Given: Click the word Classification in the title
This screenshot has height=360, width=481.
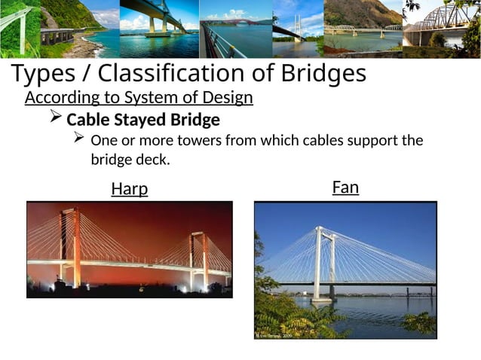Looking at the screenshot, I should tap(171, 74).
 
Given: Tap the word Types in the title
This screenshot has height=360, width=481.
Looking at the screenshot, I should tap(43, 74).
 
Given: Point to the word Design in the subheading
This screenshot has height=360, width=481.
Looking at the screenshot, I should tap(229, 99).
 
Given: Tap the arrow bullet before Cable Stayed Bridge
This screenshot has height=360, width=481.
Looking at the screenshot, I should tap(55, 119).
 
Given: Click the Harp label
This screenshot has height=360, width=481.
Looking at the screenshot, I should tap(130, 189).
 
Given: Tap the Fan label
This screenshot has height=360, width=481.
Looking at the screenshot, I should tap(345, 187).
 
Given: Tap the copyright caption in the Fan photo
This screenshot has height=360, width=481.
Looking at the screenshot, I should tap(274, 336).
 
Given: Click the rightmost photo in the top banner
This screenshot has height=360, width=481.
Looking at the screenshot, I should tap(441, 29).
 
